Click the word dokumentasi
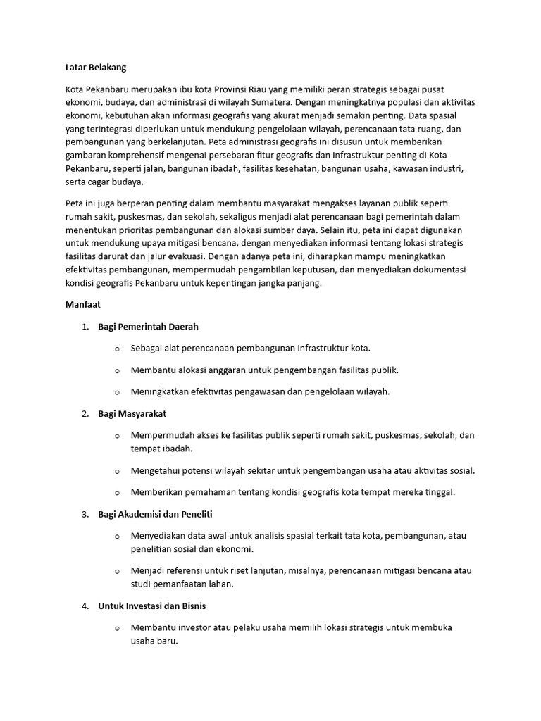coord(445,270)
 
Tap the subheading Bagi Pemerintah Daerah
coord(148,327)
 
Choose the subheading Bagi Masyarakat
coord(132,413)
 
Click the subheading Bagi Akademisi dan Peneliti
coord(155,514)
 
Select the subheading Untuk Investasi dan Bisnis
coord(152,606)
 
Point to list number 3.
coord(85,514)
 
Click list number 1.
coord(85,327)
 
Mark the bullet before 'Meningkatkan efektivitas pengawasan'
coord(117,391)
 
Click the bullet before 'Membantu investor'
coord(117,627)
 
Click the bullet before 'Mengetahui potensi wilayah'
coord(117,470)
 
